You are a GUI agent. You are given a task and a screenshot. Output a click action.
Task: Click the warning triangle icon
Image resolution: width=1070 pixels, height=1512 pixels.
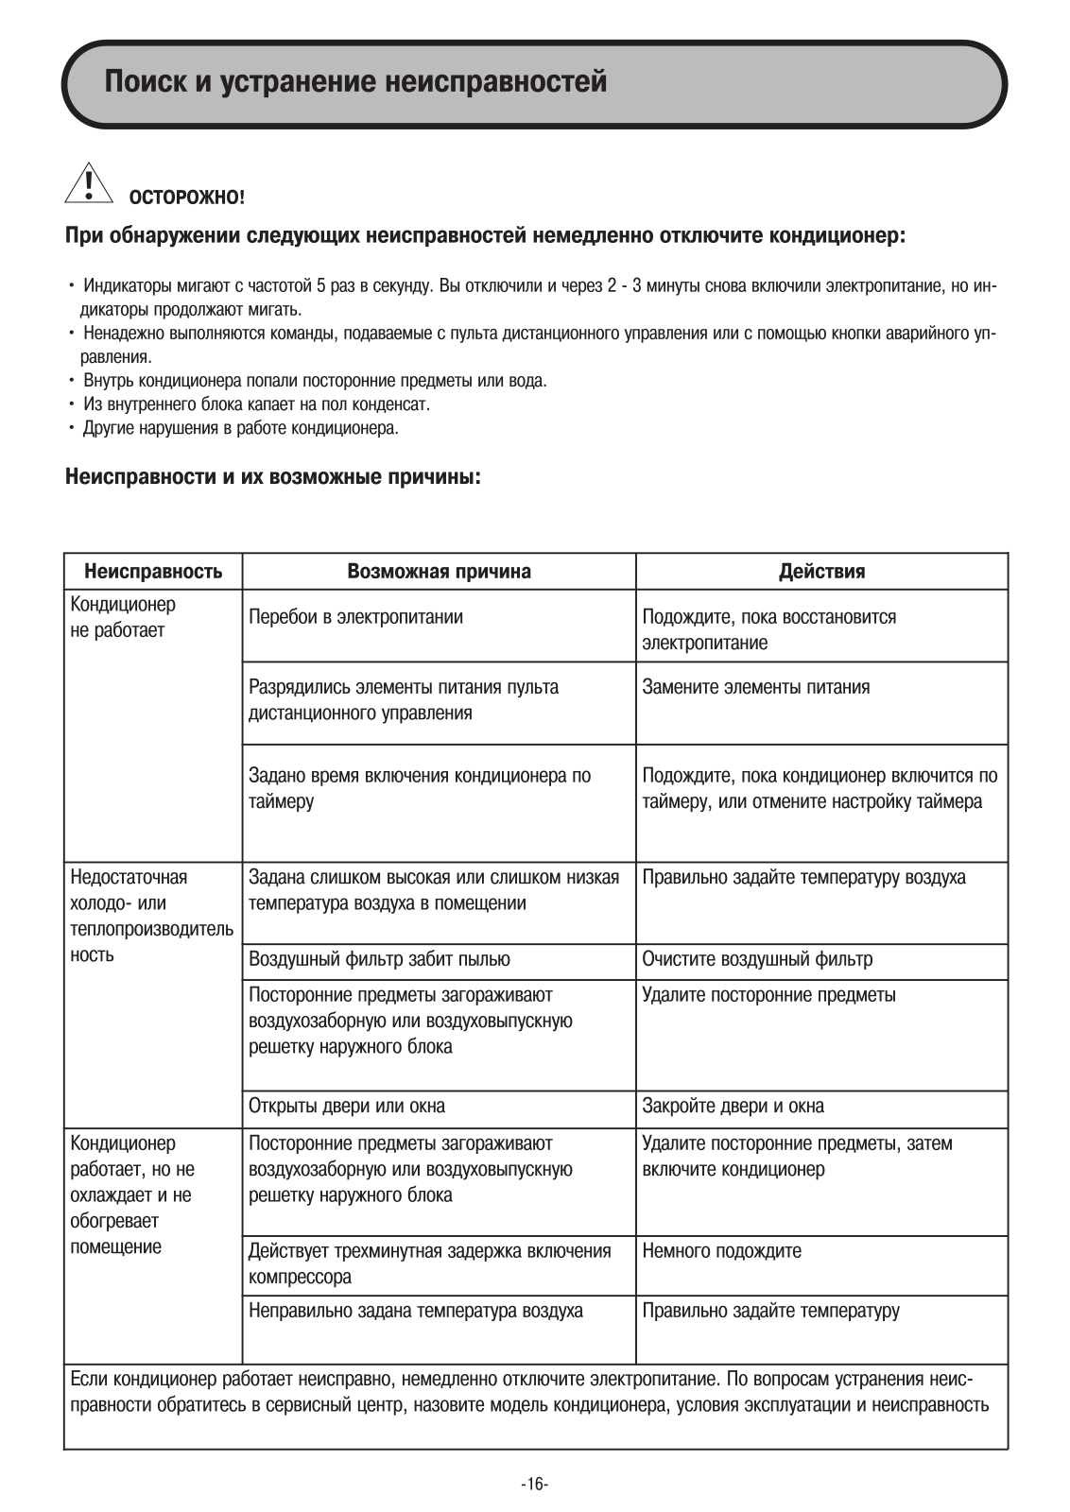[x=87, y=184]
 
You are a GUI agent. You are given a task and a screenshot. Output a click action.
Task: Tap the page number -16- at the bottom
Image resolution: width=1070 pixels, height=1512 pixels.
[x=534, y=1484]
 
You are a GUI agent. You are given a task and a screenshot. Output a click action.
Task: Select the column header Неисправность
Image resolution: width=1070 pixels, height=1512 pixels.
[x=153, y=572]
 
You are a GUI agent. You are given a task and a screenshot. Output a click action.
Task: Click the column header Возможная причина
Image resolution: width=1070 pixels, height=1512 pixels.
[x=439, y=572]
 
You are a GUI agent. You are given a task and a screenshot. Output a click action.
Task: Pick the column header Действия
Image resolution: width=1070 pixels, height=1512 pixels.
[x=821, y=572]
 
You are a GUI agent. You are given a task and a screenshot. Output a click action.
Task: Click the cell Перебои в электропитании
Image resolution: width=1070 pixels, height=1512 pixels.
[x=355, y=617]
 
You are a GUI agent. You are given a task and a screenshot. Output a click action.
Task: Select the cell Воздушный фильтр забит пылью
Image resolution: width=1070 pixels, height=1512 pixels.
[x=379, y=959]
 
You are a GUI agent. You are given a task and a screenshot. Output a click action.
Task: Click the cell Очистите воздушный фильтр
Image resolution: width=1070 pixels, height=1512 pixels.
[x=757, y=959]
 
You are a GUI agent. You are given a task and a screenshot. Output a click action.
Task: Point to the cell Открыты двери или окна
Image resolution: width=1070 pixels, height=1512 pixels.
[x=347, y=1106]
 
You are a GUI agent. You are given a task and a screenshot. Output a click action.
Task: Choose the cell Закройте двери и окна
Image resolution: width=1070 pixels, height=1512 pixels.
[x=733, y=1106]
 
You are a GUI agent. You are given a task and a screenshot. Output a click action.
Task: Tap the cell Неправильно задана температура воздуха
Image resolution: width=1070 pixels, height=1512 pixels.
[x=415, y=1311]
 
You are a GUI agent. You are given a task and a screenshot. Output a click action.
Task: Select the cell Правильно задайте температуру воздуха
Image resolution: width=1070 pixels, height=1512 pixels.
[x=803, y=877]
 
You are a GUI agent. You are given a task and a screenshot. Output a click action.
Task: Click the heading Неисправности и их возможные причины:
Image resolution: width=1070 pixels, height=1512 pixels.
[x=273, y=476]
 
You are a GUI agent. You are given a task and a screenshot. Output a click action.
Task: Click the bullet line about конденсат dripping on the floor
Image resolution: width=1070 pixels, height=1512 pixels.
[x=256, y=404]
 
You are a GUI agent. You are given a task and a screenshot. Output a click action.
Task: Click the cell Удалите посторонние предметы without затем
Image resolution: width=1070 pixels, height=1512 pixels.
[x=768, y=995]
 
